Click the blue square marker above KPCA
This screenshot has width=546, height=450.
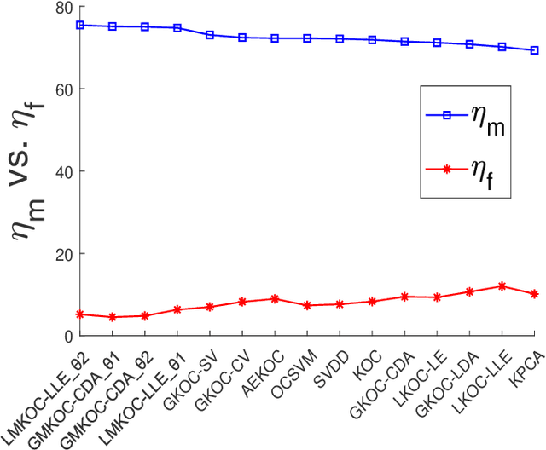pos(534,50)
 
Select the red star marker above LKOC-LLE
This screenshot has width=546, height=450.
pos(502,286)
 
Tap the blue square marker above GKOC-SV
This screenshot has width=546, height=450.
pos(210,35)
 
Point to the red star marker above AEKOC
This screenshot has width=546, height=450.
pos(275,299)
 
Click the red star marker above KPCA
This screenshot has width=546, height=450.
pos(534,294)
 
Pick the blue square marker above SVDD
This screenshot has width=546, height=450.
pos(340,39)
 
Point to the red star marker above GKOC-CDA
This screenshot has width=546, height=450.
pos(404,297)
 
